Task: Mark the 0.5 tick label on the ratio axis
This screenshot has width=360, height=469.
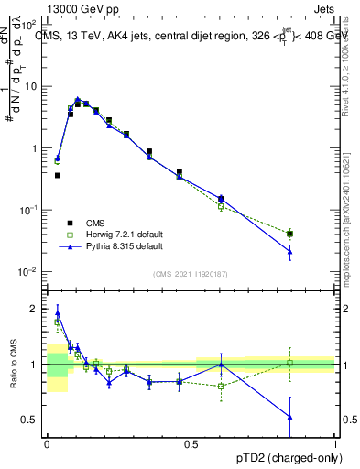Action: tap(32, 420)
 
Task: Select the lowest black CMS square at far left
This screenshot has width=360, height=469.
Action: tap(57, 175)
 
